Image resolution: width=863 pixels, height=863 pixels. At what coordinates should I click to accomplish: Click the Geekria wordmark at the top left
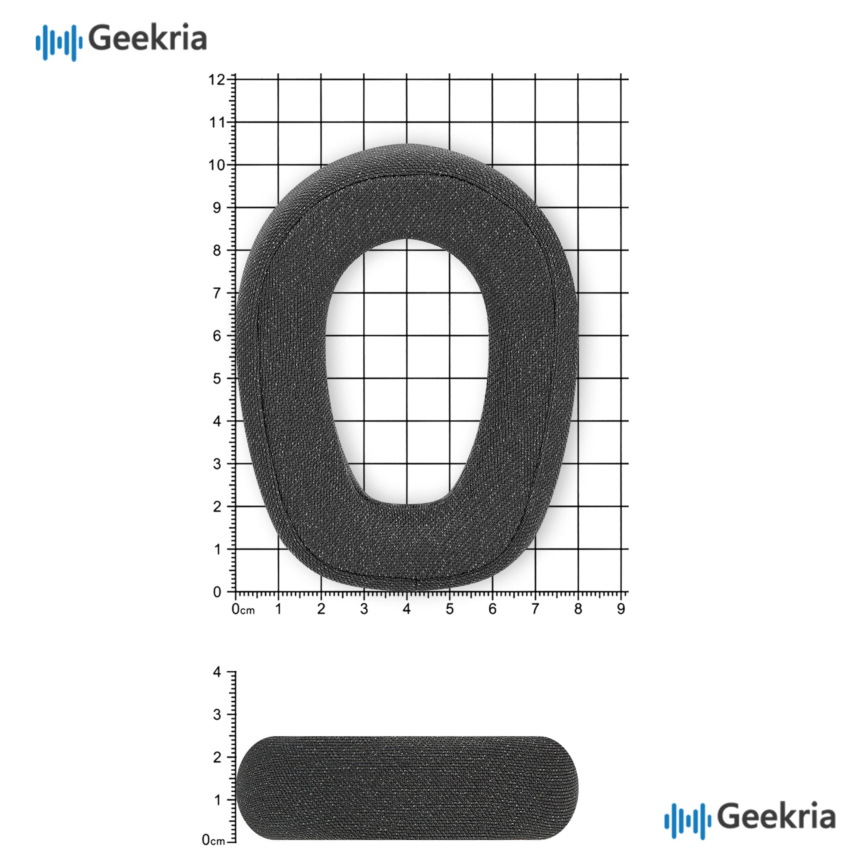[x=148, y=38]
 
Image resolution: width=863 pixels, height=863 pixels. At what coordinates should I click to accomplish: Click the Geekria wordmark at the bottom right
[x=777, y=816]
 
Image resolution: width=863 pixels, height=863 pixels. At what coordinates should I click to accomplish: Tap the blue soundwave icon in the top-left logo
[x=59, y=42]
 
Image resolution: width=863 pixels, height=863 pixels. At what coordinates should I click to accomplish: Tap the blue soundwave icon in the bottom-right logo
[x=688, y=820]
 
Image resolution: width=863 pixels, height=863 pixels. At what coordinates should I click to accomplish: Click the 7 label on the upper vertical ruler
[x=217, y=293]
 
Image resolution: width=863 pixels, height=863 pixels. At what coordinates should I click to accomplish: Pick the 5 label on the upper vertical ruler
[x=217, y=379]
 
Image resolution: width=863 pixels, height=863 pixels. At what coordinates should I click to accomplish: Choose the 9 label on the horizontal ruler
[x=621, y=609]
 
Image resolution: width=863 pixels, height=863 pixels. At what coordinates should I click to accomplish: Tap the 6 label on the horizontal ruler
[x=492, y=609]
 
